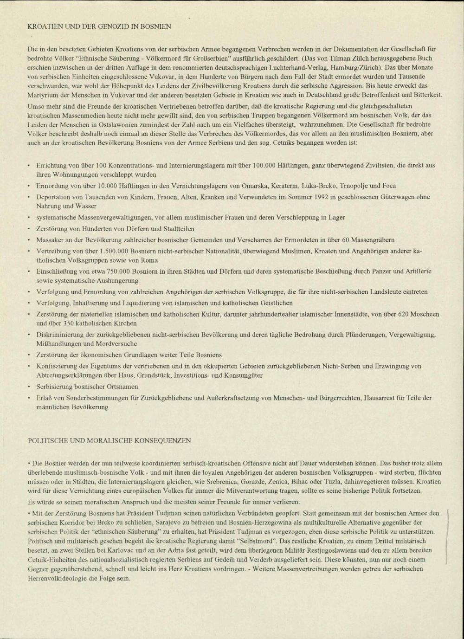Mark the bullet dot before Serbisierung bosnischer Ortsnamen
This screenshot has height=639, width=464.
pos(29,387)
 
